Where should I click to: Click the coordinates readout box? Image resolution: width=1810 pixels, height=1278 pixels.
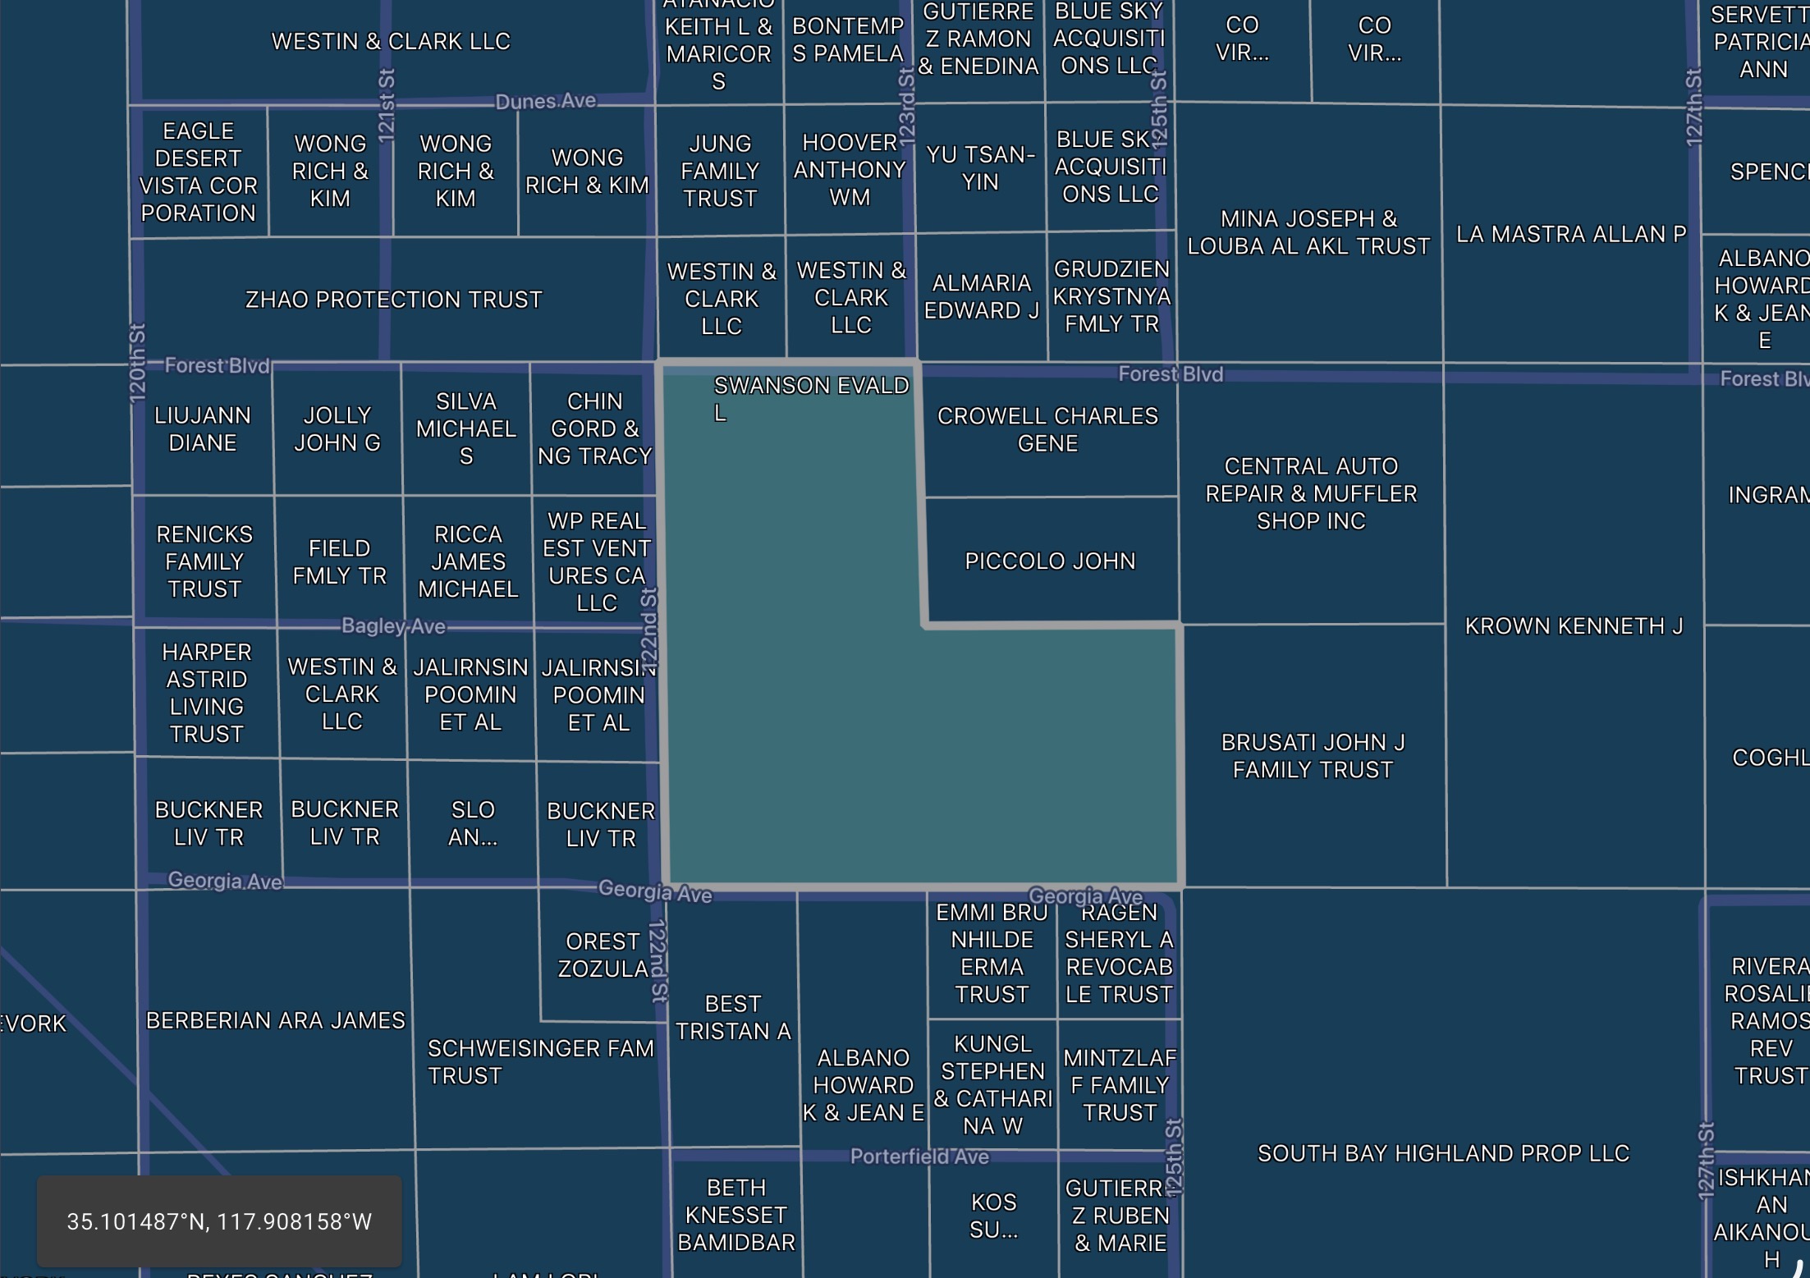click(x=219, y=1221)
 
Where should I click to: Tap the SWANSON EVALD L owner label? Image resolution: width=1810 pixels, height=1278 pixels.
click(x=810, y=398)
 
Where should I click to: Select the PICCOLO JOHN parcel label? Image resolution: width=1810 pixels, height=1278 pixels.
click(x=1050, y=561)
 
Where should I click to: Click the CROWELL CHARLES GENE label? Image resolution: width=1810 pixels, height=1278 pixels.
click(x=1047, y=429)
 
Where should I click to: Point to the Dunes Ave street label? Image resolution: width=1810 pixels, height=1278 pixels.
click(x=546, y=101)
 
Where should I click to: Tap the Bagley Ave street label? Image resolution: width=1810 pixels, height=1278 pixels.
click(x=393, y=626)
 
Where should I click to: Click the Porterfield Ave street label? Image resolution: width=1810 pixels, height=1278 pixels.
click(x=919, y=1157)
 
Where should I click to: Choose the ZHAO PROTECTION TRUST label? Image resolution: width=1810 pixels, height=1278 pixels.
click(x=393, y=300)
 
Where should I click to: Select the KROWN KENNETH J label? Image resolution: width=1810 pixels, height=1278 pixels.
click(x=1574, y=626)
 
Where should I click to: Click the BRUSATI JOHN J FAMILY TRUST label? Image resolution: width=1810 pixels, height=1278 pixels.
click(x=1313, y=756)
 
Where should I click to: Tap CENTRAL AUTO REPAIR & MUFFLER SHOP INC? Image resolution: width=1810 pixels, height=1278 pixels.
click(x=1311, y=493)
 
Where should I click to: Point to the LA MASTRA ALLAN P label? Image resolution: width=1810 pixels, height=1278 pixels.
click(x=1571, y=234)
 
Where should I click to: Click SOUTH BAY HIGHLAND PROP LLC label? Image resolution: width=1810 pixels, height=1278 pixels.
click(x=1443, y=1153)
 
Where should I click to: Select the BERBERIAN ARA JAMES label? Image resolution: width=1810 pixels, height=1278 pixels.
click(x=276, y=1020)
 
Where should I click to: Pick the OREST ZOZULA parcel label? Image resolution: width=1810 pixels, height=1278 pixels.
click(x=603, y=955)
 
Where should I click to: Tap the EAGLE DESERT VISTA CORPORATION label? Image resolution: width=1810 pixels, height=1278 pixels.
click(x=199, y=172)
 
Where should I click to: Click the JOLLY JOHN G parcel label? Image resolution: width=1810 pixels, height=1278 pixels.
click(x=337, y=428)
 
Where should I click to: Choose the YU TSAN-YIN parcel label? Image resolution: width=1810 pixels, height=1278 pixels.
click(x=980, y=167)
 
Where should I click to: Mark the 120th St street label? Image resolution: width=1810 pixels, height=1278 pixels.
click(x=137, y=363)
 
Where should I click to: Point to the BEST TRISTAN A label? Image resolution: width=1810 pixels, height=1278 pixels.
click(x=733, y=1017)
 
